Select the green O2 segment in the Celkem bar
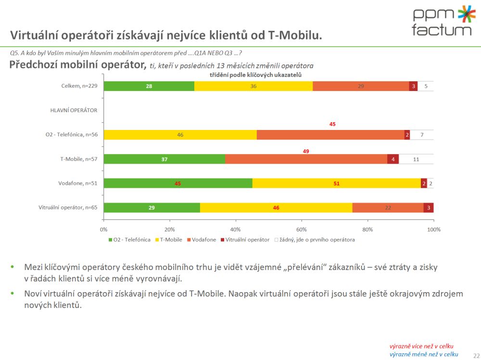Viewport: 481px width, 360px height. pos(149,86)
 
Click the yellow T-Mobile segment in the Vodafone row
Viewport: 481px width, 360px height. pos(336,183)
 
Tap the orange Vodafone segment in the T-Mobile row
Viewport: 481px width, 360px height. pos(306,159)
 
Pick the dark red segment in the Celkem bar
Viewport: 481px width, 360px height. pos(413,86)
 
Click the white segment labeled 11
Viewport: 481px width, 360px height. pos(416,159)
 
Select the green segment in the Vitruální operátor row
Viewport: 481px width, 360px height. pos(152,207)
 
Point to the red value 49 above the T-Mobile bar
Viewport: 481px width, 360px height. pos(306,151)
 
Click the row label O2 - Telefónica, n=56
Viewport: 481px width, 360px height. pos(68,135)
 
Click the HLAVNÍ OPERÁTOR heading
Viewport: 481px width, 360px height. pos(74,110)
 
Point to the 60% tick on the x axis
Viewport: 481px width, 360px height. pos(302,230)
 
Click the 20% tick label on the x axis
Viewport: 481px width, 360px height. pos(169,230)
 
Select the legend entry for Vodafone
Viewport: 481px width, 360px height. pos(201,240)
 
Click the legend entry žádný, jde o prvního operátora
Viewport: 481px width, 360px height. pos(315,240)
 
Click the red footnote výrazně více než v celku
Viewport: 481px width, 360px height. pos(421,346)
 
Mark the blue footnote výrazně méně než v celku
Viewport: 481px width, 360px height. pos(423,354)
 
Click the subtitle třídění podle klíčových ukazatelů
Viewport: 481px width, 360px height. pos(255,75)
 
